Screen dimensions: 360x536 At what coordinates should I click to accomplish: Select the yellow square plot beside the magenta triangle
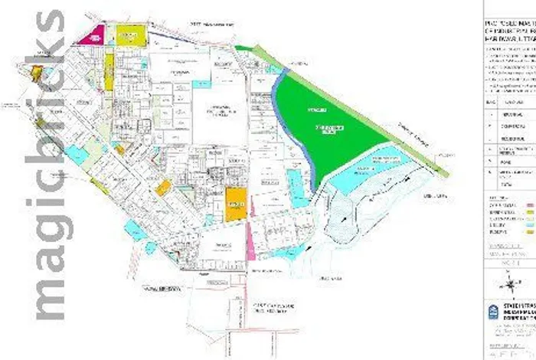tap(129, 34)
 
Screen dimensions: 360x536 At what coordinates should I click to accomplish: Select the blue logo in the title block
tap(492, 313)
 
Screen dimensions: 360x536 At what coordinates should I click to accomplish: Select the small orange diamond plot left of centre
tap(162, 188)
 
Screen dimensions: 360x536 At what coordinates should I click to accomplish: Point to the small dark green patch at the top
tap(243, 47)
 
